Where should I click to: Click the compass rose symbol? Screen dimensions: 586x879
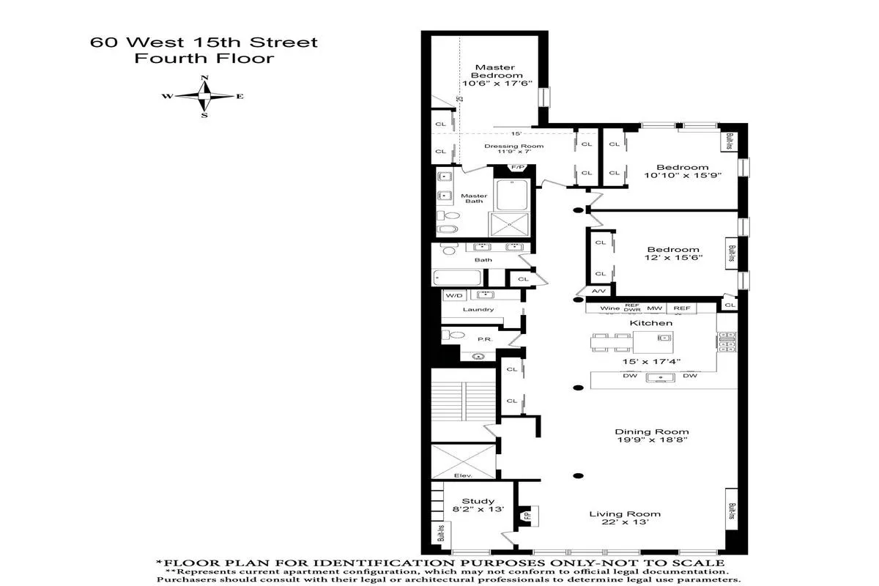[204, 96]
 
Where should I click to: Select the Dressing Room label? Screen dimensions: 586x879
[513, 146]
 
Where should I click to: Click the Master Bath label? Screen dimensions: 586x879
[474, 199]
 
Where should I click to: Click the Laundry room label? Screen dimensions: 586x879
[478, 309]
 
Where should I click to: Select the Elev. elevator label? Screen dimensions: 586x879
[462, 476]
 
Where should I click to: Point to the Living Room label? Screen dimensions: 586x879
[625, 513]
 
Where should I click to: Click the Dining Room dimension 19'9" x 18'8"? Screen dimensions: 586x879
[651, 440]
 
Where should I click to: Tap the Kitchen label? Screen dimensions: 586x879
[650, 322]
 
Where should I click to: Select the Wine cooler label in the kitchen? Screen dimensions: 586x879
[609, 308]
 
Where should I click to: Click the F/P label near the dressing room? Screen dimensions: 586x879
[517, 167]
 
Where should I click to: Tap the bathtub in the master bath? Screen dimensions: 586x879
[516, 195]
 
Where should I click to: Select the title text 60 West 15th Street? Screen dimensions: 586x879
[204, 42]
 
